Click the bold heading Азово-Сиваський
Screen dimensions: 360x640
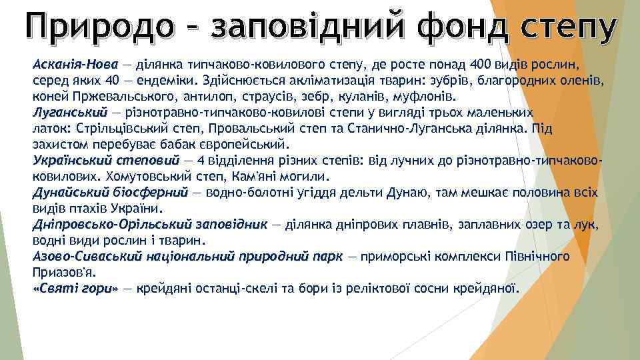pos(84,257)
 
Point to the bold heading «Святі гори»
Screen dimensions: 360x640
pos(75,289)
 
